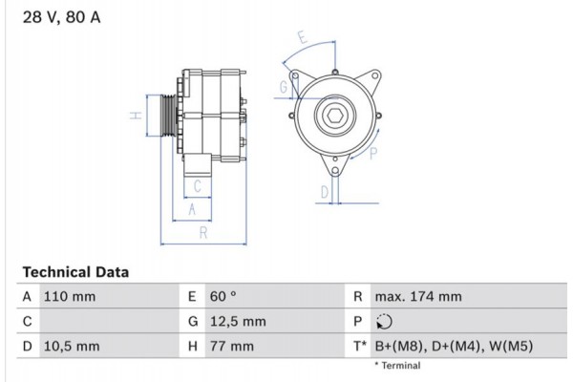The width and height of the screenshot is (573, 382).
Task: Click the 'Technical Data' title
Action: pos(74,272)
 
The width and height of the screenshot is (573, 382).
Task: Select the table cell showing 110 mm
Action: pos(70,297)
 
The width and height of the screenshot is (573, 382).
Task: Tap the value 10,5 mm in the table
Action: pos(72,346)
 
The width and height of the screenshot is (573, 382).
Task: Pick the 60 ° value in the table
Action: pos(222,297)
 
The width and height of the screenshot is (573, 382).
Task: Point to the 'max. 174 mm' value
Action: pos(419,297)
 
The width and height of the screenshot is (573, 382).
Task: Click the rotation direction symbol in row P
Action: pos(385,322)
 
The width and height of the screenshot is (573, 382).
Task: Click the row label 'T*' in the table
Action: pos(358,346)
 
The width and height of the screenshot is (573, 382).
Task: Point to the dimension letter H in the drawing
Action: pos(136,117)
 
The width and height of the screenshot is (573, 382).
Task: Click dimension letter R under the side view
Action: pos(203,233)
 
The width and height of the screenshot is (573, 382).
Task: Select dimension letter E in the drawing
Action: pos(302,40)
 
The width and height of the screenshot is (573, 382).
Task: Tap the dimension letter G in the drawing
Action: pos(284,88)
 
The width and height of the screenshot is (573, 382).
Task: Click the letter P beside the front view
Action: pos(373,152)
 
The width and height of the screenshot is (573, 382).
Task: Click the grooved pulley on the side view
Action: pos(168,117)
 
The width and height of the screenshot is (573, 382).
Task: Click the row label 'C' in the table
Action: pos(27,322)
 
